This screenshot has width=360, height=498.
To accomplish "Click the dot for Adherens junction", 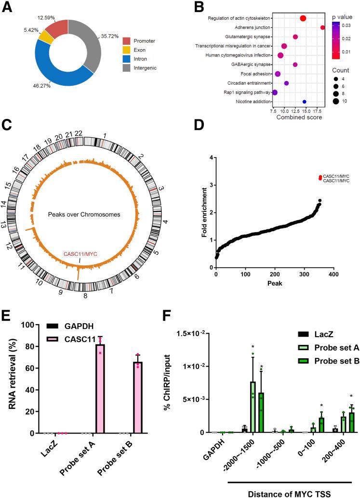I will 322,27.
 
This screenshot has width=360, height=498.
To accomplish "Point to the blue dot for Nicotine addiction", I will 304,102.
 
